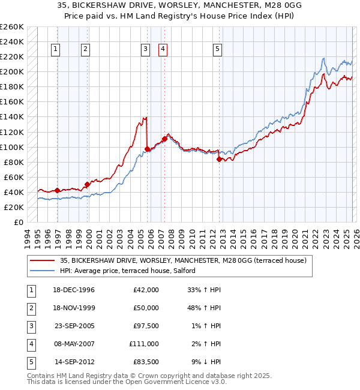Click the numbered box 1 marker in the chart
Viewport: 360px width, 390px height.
tap(56, 50)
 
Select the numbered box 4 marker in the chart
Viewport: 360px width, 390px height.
tap(163, 50)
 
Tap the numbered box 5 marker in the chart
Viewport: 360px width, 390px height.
tap(217, 50)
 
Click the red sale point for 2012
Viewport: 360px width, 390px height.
tap(220, 159)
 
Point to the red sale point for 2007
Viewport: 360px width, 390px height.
tap(164, 139)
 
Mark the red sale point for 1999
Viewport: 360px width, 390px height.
tap(87, 184)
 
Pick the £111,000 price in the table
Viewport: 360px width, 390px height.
tap(144, 344)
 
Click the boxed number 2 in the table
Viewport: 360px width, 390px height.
tap(29, 308)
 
